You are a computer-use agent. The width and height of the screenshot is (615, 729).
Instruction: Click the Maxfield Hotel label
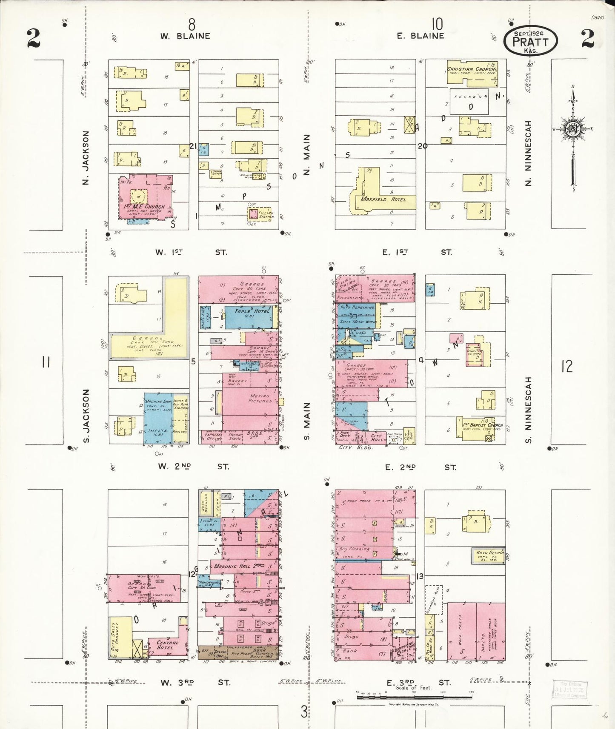383,199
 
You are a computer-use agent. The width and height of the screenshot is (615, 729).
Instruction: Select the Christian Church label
471,69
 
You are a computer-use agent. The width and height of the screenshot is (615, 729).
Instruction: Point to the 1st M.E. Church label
144,207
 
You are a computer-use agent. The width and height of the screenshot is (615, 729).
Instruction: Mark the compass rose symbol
573,129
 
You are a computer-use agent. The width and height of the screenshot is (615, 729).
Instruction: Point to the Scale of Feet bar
415,697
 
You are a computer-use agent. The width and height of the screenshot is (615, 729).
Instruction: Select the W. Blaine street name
185,36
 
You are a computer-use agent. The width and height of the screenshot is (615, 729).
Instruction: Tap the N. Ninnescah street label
529,153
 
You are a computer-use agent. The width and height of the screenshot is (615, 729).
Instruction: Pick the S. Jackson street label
86,416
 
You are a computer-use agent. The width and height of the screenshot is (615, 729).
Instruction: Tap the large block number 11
46,362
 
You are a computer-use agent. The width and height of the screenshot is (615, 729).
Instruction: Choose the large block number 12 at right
567,366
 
